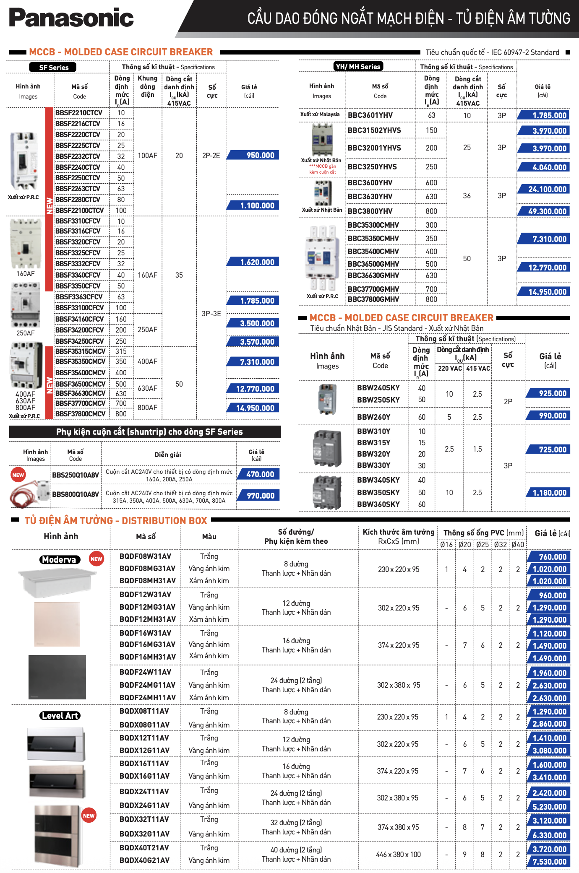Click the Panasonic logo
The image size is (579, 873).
71,18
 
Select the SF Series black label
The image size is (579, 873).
53,67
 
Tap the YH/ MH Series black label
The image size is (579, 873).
358,66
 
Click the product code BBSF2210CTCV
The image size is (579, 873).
79,113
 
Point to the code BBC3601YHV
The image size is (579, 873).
370,115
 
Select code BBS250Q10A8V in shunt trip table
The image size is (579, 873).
76,475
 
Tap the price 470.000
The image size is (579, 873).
259,474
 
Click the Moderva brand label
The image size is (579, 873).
59,560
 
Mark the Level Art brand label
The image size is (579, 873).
60,716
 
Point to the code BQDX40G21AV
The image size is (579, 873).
144,860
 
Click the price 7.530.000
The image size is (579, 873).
549,862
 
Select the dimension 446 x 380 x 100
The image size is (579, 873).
398,855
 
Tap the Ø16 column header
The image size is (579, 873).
446,545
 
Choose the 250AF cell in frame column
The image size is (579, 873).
147,330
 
